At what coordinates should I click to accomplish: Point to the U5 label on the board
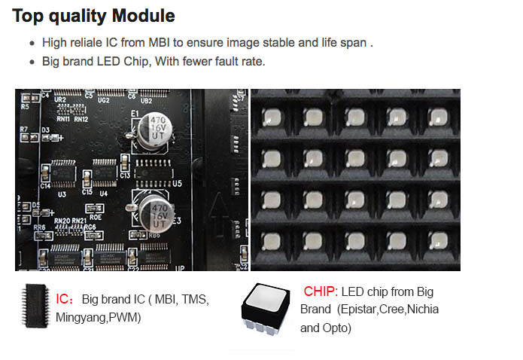click(178, 183)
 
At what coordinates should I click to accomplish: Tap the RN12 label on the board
click(81, 119)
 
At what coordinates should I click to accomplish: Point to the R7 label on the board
click(24, 130)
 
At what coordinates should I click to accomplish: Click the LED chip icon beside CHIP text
click(267, 308)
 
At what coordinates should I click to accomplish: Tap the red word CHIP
click(319, 291)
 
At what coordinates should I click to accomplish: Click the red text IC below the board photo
click(63, 299)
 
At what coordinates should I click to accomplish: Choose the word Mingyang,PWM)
click(98, 318)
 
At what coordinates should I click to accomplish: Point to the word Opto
click(336, 328)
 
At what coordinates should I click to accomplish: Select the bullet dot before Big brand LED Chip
click(32, 62)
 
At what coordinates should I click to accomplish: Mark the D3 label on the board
click(46, 130)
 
